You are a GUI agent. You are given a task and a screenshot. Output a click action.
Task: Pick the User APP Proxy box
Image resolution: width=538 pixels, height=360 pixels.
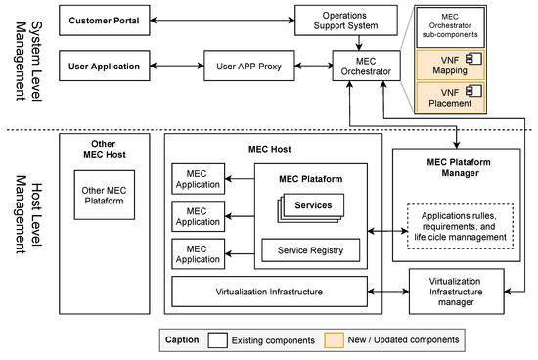tap(244, 67)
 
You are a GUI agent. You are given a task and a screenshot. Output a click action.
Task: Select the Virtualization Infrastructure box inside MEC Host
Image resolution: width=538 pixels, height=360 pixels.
tap(270, 292)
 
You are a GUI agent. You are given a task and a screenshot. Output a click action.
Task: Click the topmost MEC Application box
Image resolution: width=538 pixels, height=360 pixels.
tap(196, 179)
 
